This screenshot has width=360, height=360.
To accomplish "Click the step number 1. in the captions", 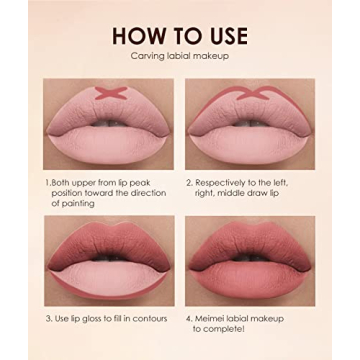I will click(x=48, y=183).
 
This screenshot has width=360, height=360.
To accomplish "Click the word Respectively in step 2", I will click(x=221, y=183).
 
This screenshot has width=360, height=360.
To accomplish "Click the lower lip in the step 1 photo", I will click(x=108, y=140).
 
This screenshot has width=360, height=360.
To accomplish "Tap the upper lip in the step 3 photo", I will click(x=108, y=245).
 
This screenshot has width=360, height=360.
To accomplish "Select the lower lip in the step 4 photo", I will click(x=250, y=276).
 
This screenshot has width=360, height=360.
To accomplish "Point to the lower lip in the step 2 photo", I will click(x=250, y=140).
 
